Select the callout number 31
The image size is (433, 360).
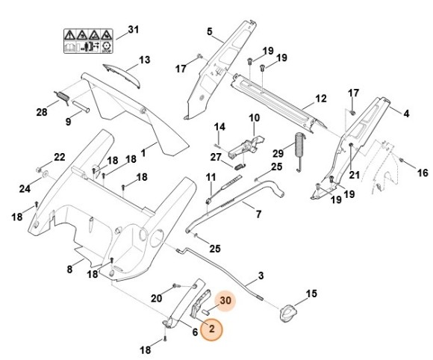point(134,29)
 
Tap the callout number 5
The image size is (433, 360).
point(210,31)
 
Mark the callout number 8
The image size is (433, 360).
point(69,269)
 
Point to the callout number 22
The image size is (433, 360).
point(60,157)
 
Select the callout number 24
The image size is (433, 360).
point(24,188)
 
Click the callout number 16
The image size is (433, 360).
point(423,173)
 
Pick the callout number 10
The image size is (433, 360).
point(254,117)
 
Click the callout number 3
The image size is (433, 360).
point(261,276)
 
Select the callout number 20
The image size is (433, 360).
point(155,299)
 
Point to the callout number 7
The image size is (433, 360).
point(258,214)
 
